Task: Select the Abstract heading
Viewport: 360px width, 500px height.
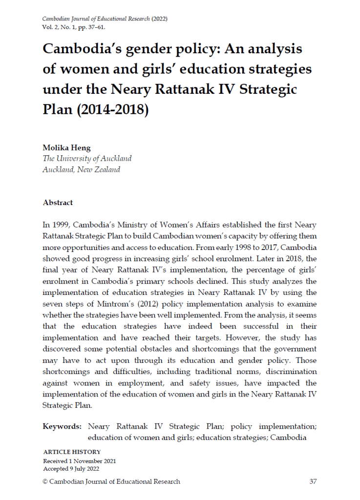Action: (x=58, y=203)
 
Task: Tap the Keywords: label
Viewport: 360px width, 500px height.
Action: (x=62, y=426)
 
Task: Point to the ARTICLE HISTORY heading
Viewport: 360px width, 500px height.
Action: (x=72, y=452)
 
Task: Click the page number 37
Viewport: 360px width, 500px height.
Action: (x=313, y=481)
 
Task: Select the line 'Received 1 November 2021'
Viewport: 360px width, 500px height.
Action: (x=80, y=461)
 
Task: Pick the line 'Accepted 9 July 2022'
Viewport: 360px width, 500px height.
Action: (x=71, y=469)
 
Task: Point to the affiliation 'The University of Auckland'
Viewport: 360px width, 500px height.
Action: (x=87, y=159)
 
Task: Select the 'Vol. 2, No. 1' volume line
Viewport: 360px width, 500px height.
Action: (x=60, y=27)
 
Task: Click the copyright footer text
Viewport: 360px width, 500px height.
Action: (x=111, y=481)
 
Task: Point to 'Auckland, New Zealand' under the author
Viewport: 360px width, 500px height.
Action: (x=81, y=170)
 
